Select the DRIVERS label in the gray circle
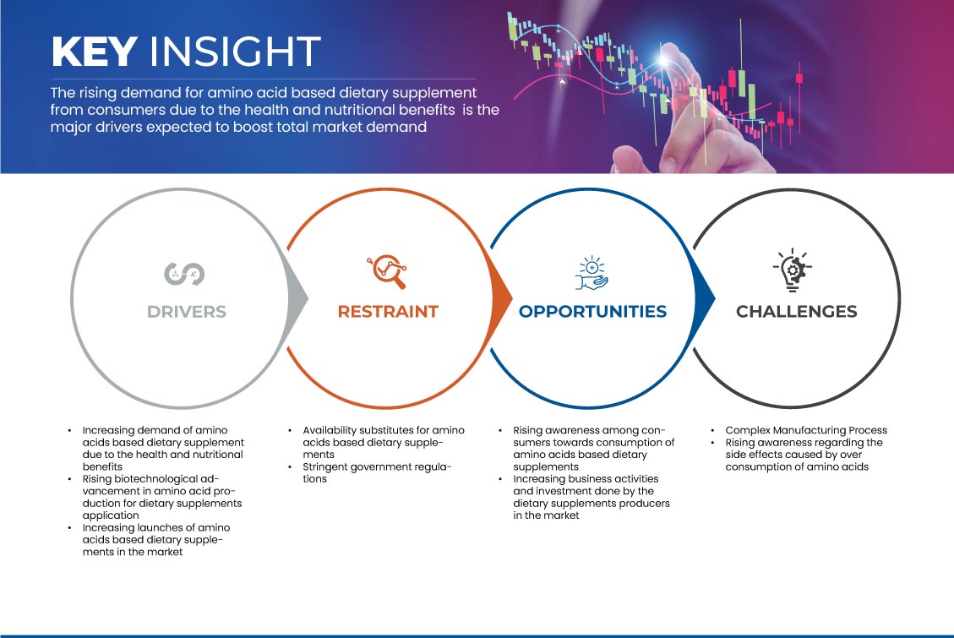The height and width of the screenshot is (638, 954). [x=187, y=312]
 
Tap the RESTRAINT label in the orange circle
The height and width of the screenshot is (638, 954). [x=388, y=312]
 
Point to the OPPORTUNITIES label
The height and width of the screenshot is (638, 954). [x=592, y=312]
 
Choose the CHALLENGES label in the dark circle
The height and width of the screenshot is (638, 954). [x=797, y=312]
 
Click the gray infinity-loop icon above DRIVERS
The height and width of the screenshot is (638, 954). [x=184, y=274]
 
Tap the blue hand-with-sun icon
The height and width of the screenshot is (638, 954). [x=592, y=273]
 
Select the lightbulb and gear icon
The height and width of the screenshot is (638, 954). [x=792, y=270]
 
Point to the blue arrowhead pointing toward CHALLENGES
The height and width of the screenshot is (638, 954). [x=704, y=298]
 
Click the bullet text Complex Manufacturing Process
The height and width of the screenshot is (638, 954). [x=806, y=430]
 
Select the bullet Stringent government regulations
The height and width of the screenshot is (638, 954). [x=377, y=472]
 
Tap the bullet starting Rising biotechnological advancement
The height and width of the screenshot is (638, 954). [x=162, y=497]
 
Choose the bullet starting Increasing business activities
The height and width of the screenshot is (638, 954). [x=591, y=497]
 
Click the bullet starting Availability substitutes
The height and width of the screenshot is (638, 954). [x=384, y=442]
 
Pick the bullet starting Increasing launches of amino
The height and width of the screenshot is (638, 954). [x=156, y=539]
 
